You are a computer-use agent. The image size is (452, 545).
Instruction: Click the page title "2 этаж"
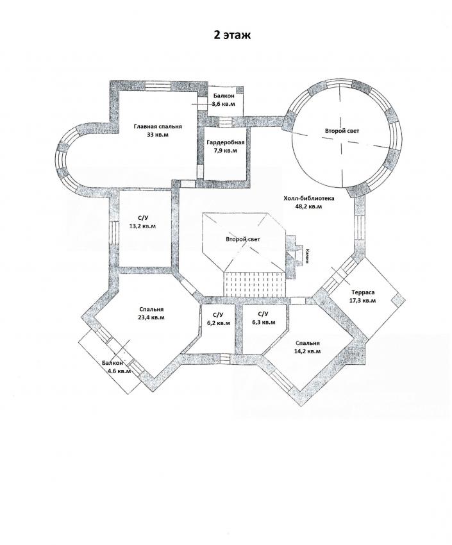[x=231, y=35]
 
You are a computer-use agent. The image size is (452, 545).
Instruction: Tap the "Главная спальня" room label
[x=158, y=126]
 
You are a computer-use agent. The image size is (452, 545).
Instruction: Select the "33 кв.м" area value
[x=158, y=135]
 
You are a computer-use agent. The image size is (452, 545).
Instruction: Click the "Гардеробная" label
[x=226, y=142]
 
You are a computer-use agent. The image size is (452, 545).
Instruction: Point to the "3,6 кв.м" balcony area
[x=224, y=104]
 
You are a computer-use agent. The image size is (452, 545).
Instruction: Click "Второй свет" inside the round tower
[x=342, y=131]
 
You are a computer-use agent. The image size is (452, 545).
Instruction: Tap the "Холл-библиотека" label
[x=309, y=199]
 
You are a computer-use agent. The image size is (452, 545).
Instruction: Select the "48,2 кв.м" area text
[x=308, y=206]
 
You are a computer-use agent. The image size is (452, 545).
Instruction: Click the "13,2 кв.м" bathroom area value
[x=142, y=226]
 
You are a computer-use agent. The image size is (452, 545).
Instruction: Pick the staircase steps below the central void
[x=255, y=283]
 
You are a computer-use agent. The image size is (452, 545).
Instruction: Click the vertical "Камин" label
[x=308, y=256]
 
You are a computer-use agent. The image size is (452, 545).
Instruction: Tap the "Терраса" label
[x=363, y=292]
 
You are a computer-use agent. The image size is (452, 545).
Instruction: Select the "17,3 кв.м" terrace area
[x=362, y=300]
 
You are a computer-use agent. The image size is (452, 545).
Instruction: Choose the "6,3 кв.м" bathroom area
[x=263, y=323]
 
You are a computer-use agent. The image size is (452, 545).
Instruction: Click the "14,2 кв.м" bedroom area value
[x=307, y=351]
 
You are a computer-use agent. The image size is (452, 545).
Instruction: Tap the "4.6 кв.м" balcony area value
[x=119, y=371]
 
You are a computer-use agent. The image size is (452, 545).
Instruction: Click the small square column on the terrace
[x=398, y=299]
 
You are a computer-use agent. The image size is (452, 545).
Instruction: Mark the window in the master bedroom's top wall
[x=158, y=85]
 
